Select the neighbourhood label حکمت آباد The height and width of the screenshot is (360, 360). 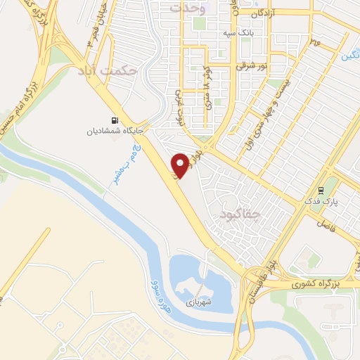click(x=106, y=70)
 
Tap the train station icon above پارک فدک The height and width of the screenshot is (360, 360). click(x=320, y=190)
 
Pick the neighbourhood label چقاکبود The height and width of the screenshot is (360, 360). click(x=240, y=212)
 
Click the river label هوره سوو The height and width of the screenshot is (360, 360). click(x=161, y=296)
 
